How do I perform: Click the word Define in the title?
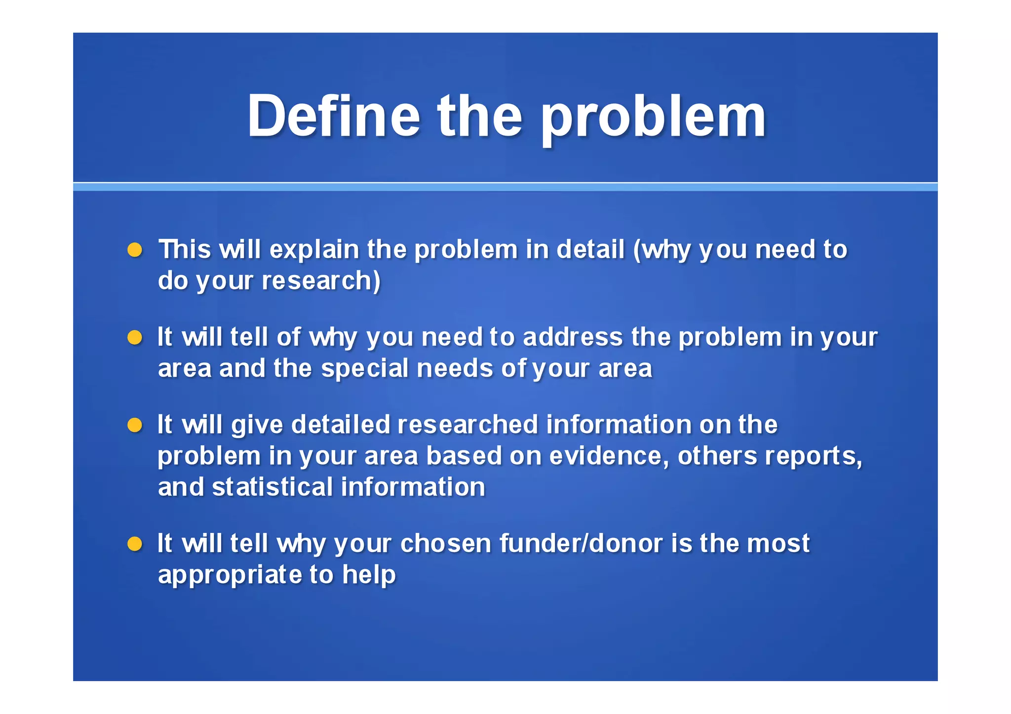(x=334, y=116)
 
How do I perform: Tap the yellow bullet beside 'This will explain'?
(x=135, y=250)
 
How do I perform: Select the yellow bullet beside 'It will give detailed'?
(x=135, y=425)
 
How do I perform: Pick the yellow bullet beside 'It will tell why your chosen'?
(x=135, y=544)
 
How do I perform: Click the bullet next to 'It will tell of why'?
(x=135, y=338)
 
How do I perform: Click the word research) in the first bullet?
(x=321, y=281)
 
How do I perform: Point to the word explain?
(x=314, y=250)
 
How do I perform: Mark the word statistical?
(x=272, y=488)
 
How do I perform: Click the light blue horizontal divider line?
(x=505, y=187)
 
